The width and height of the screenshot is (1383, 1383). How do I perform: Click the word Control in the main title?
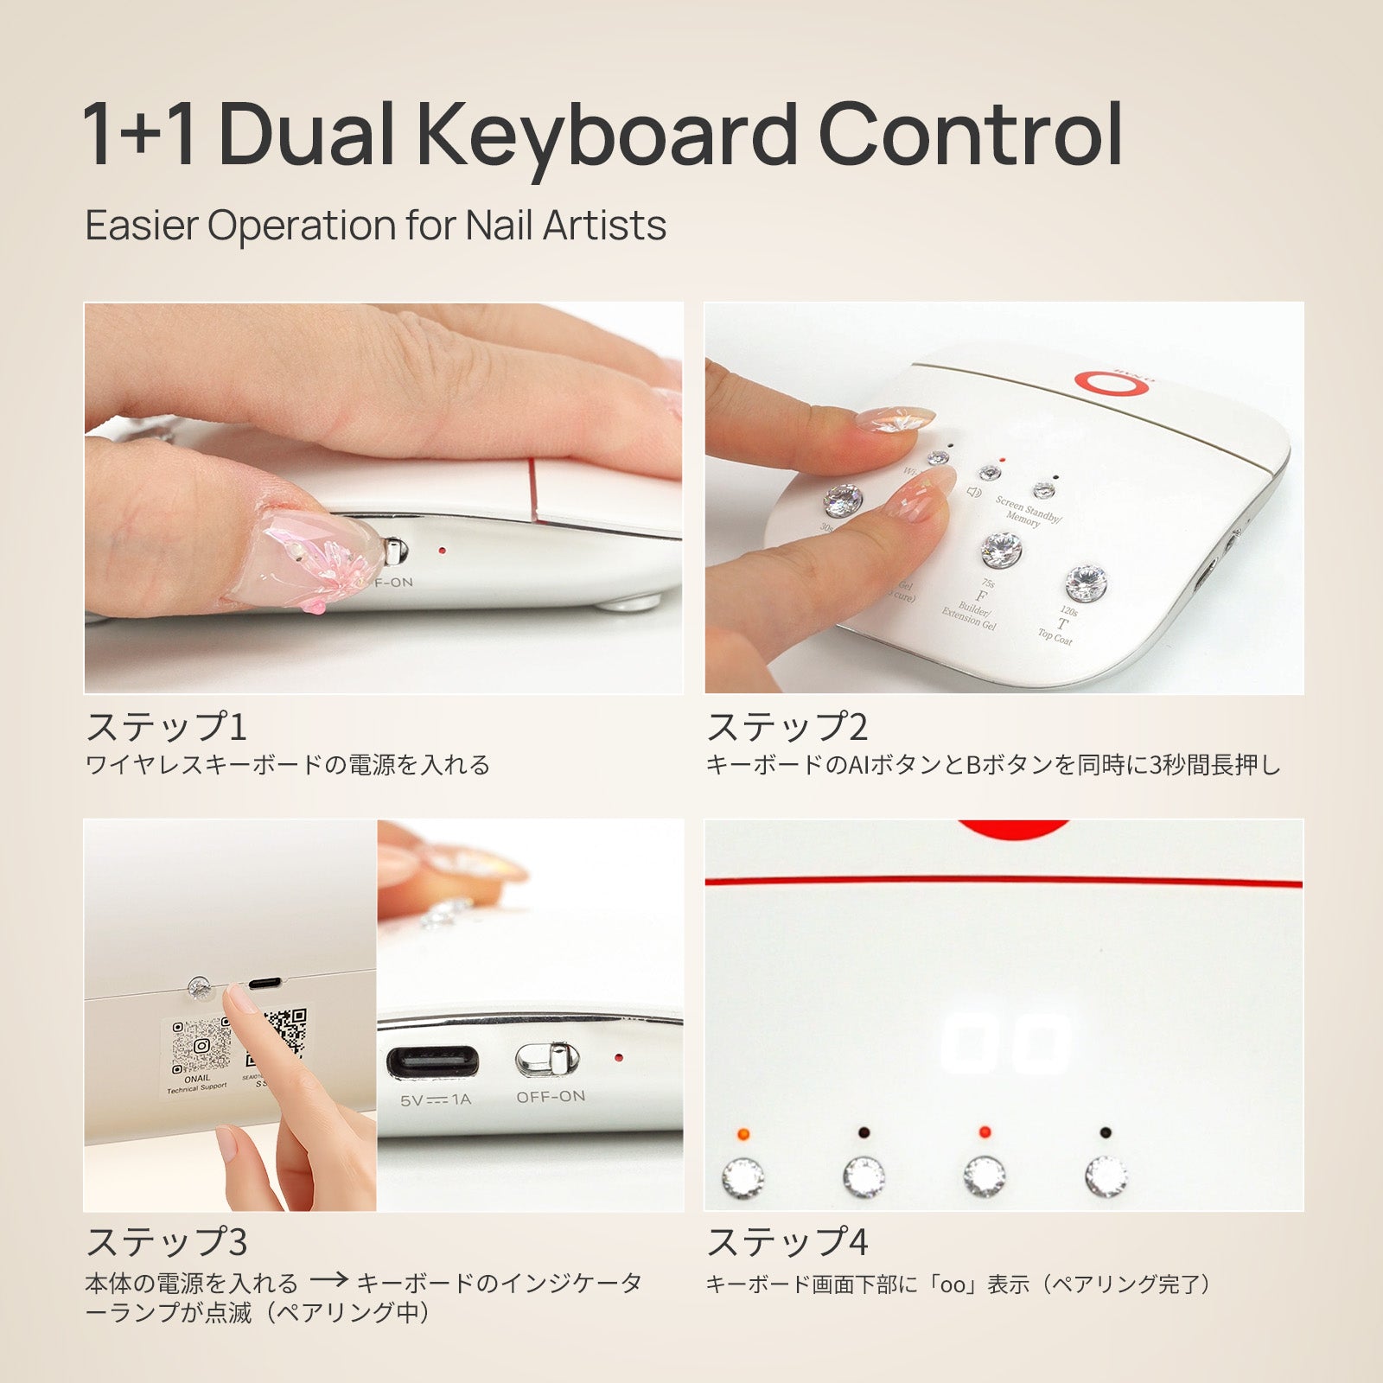970,136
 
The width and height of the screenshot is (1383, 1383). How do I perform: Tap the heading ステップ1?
166,726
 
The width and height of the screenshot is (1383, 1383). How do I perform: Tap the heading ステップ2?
787,726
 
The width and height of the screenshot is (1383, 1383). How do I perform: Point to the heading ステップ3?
166,1242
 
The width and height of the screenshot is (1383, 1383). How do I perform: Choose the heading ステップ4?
787,1242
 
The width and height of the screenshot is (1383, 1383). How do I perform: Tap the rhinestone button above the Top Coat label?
1086,583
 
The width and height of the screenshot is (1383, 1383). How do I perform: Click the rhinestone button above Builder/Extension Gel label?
1001,550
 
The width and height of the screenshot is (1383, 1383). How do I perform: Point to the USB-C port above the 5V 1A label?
432,1061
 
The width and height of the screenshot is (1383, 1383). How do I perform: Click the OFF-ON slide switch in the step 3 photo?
548,1060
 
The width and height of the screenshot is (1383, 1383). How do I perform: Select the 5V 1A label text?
436,1100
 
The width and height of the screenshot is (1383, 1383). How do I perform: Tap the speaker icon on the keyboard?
974,493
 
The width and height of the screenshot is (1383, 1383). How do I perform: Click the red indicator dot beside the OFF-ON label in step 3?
618,1057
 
